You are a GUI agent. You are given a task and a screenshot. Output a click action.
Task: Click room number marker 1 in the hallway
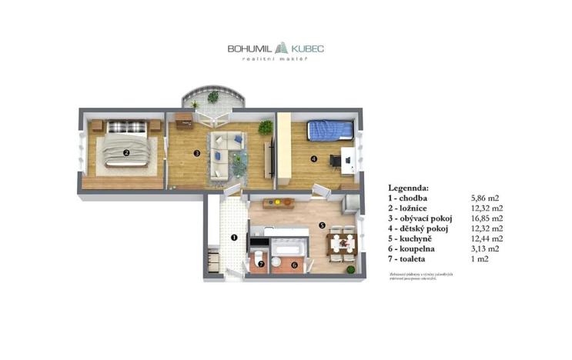pos(234,237)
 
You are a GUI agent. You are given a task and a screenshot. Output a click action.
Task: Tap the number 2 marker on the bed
pos(125,152)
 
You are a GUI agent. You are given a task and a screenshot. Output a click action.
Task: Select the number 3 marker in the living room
pos(197,153)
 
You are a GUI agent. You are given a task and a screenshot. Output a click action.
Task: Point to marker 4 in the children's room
pos(314,159)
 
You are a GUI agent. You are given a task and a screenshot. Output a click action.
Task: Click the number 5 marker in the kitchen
pos(323,225)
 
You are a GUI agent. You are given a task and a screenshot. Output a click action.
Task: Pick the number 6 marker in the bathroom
pos(293,265)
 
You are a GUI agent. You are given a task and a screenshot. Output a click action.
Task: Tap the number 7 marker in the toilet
pos(260,265)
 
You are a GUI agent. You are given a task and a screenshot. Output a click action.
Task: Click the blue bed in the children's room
pos(329,130)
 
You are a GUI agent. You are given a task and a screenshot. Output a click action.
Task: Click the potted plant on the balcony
pos(213,98)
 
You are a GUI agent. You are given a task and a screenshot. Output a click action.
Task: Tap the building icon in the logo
pos(283,47)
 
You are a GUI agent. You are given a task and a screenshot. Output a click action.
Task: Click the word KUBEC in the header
pos(308,48)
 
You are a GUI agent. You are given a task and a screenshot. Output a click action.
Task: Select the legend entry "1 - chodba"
pos(412,198)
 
